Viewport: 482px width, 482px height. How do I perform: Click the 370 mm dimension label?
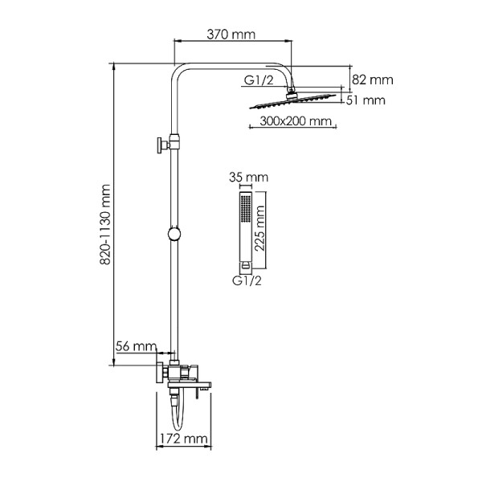coord(231,35)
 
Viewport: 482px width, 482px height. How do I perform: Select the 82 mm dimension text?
coord(373,80)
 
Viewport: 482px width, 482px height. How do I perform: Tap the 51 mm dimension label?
coord(366,100)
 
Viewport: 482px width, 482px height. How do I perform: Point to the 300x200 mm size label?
coord(296,120)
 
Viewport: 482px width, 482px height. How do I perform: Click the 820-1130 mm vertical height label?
coord(105,225)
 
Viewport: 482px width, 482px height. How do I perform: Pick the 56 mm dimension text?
coord(136,346)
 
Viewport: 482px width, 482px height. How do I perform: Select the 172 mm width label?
coord(184,439)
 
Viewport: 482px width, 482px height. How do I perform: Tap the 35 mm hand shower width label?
coord(248,178)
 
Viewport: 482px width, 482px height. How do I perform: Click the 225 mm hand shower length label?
coord(259,228)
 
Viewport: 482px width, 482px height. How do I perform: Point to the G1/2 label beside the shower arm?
coord(259,80)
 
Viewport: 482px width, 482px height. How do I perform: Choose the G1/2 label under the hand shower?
coord(247,280)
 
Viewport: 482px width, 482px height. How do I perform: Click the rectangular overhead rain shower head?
coord(292,101)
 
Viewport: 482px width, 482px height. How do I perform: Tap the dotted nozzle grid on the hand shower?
coord(246,209)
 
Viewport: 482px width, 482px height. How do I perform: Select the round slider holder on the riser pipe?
coord(174,235)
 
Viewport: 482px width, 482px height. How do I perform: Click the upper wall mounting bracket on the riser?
coord(168,144)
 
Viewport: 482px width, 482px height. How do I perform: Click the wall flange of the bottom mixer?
coord(160,373)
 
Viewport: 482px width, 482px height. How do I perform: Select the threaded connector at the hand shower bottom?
coord(245,265)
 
